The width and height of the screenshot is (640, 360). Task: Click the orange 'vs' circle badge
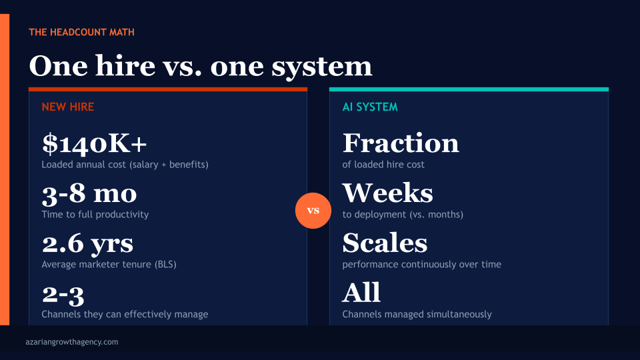(313, 211)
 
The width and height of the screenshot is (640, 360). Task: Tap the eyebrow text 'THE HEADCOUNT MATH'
(82, 32)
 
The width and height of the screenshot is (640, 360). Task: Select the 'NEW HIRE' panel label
(68, 107)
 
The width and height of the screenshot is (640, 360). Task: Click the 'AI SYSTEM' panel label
(370, 107)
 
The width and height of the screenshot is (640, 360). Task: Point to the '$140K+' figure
(94, 143)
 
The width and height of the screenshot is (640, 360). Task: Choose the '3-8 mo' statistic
(89, 193)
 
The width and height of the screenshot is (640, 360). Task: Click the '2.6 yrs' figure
(87, 243)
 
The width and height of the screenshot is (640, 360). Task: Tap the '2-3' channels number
(63, 293)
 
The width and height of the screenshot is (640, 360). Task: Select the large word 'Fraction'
(401, 143)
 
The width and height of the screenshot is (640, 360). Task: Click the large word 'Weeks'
(387, 193)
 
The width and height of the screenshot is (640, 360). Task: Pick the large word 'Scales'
(385, 243)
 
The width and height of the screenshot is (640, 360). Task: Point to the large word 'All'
(361, 293)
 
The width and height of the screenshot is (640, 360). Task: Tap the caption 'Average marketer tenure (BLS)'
(109, 265)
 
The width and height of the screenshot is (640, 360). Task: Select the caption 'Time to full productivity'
(95, 215)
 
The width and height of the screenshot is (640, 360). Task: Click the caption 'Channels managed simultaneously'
(417, 314)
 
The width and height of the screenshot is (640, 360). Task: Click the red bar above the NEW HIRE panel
(168, 89)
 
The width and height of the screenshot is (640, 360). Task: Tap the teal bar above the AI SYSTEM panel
(469, 89)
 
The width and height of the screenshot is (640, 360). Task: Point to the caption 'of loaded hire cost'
(383, 165)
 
